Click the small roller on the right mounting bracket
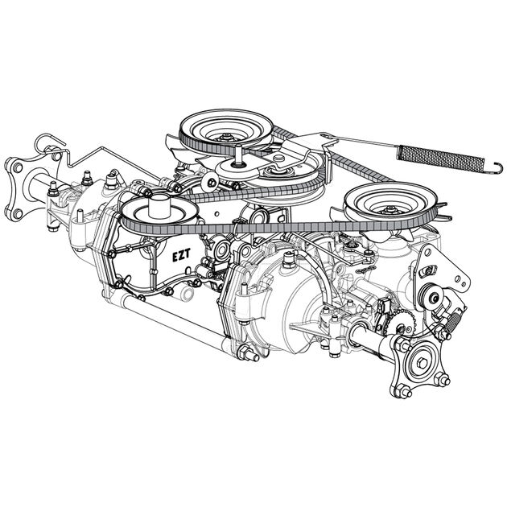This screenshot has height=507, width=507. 435,299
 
